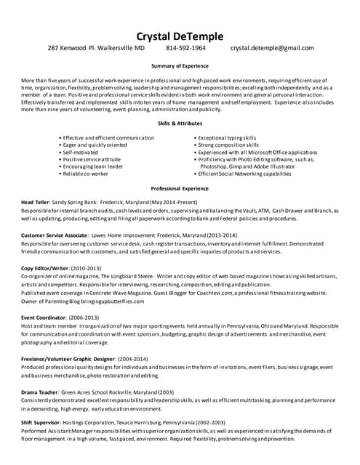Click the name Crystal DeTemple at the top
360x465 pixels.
click(x=180, y=36)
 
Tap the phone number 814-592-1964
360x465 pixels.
click(x=185, y=49)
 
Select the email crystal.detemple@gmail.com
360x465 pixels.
click(x=272, y=49)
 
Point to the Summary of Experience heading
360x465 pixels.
click(x=180, y=66)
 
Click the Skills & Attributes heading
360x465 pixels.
click(x=180, y=124)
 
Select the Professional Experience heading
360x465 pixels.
click(x=180, y=187)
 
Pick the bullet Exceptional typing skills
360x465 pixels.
click(x=228, y=137)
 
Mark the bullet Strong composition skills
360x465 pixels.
click(x=230, y=145)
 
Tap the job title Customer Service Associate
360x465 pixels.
click(x=54, y=235)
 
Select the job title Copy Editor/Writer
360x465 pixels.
click(x=45, y=268)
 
